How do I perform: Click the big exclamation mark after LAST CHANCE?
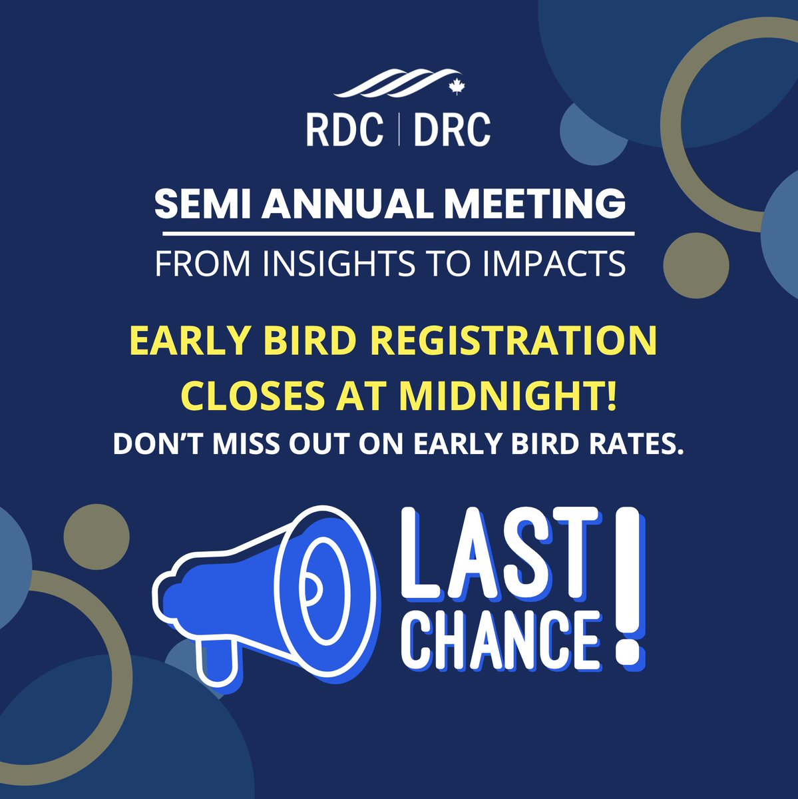pos(627,586)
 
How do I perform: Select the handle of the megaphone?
pos(217,657)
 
